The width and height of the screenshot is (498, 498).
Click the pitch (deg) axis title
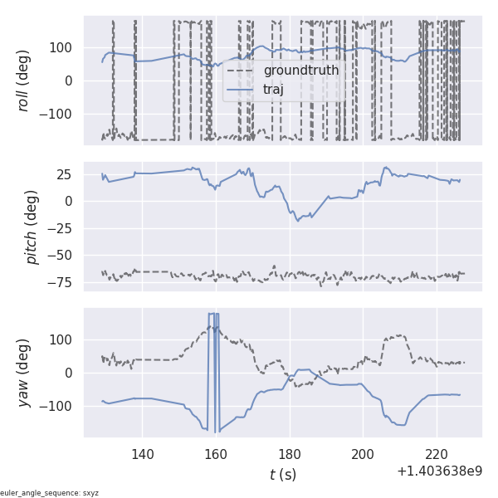[32, 227]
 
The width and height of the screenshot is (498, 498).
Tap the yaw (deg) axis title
[24, 373]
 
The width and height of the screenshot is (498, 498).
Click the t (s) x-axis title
[282, 474]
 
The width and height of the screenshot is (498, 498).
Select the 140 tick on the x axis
[143, 453]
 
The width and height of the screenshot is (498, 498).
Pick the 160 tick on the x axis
[216, 453]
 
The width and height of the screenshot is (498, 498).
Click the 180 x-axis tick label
[290, 453]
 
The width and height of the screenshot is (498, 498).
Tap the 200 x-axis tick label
[363, 453]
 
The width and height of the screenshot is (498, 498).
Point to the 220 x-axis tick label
[436, 453]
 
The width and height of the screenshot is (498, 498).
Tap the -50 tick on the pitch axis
[65, 255]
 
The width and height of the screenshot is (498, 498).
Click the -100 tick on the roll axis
[60, 114]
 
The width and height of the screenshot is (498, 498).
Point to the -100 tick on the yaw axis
[60, 406]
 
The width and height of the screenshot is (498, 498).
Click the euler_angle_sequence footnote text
[50, 493]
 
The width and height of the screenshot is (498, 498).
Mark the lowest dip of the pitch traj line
[297, 221]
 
